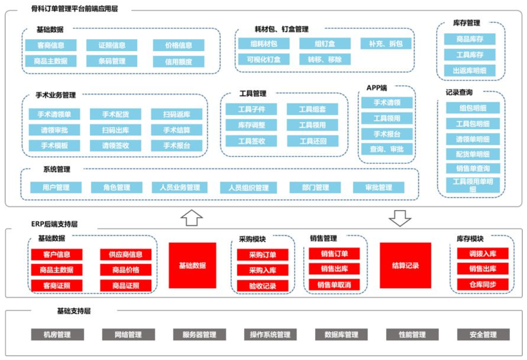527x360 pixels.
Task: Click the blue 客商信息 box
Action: (51, 45)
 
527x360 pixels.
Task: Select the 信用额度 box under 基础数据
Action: (178, 61)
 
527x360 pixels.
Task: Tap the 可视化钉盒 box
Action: (264, 60)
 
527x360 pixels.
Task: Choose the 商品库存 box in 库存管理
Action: (470, 39)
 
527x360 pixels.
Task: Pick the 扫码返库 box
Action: (176, 114)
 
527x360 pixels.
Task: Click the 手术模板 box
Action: (54, 146)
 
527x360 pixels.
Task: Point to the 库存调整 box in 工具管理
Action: (251, 125)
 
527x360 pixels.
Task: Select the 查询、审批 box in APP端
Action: (387, 149)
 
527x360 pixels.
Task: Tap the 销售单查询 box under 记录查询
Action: (473, 168)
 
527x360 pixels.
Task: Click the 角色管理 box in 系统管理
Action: (117, 187)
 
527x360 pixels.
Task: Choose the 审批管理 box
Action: (379, 187)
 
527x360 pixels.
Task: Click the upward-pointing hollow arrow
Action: (192, 218)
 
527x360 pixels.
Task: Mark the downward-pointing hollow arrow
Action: (400, 218)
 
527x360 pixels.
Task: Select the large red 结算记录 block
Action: (405, 265)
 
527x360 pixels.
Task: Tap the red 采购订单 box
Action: (263, 255)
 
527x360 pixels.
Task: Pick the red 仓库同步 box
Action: (483, 284)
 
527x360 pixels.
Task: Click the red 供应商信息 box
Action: (126, 255)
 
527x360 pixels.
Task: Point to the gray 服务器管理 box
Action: (199, 334)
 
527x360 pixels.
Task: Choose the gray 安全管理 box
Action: (483, 334)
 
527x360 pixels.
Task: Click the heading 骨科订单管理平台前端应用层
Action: (75, 9)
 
